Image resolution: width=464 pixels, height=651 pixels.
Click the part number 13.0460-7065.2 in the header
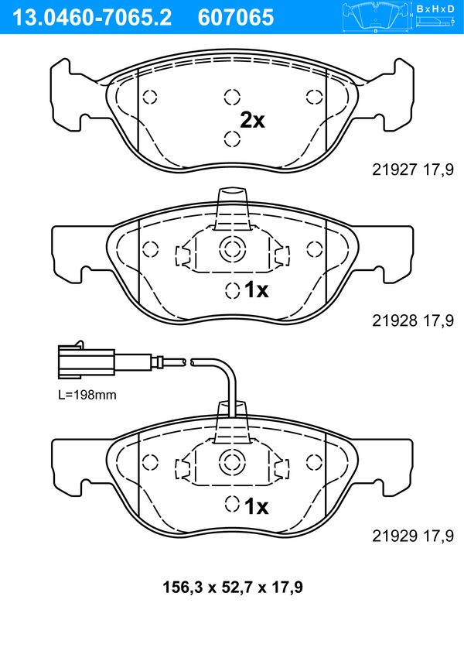click(92, 18)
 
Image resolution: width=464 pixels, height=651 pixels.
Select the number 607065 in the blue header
click(236, 18)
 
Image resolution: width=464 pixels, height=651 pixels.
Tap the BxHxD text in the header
click(435, 9)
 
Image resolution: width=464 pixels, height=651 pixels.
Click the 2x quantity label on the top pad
click(253, 121)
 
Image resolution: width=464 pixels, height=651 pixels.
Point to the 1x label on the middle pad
click(257, 290)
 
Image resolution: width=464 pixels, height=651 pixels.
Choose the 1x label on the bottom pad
click(257, 506)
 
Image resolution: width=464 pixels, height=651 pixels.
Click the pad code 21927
click(394, 170)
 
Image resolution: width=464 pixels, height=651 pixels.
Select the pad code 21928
click(394, 320)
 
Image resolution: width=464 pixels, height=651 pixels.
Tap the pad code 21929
click(394, 536)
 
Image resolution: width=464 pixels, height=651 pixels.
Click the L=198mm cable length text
click(87, 395)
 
